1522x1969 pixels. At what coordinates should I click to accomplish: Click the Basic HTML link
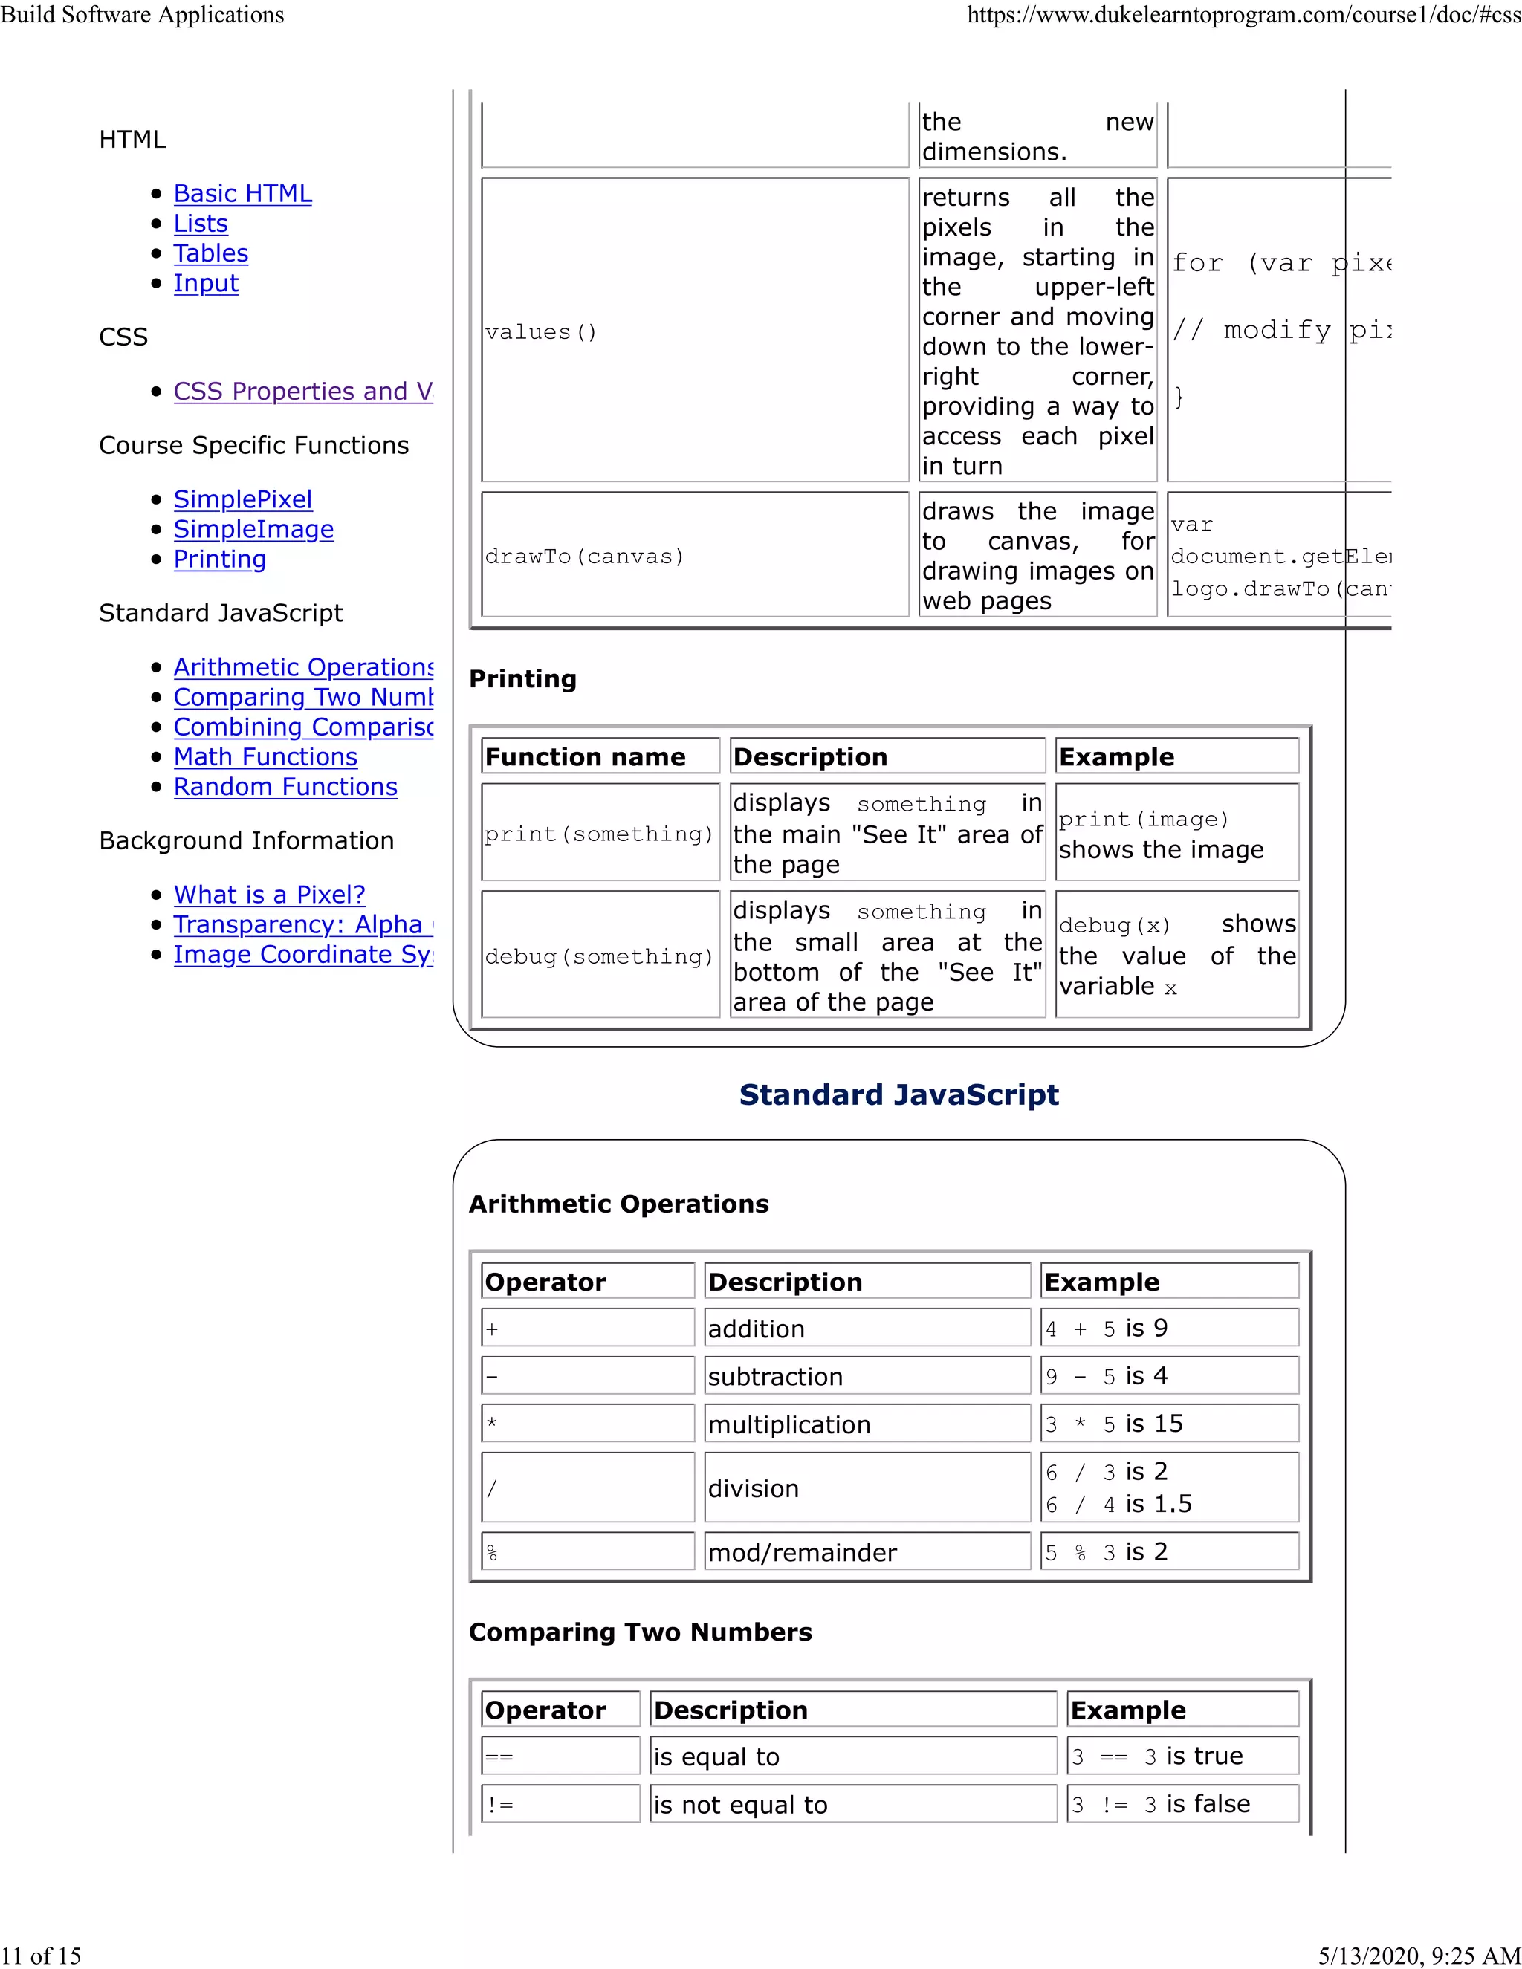(242, 194)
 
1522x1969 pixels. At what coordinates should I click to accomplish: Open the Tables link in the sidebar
(210, 253)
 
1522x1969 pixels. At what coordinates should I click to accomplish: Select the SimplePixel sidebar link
(242, 499)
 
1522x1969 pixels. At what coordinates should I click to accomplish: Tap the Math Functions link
(265, 757)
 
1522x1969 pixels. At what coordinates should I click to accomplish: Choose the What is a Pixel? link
(269, 895)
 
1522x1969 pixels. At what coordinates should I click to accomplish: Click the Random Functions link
(285, 787)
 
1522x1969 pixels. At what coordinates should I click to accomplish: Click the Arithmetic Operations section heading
(618, 1204)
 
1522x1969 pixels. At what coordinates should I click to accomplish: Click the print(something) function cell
(599, 834)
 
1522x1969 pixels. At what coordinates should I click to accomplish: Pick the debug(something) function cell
(599, 956)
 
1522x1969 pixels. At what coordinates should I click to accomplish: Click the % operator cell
(587, 1552)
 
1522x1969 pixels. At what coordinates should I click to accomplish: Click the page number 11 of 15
(42, 1956)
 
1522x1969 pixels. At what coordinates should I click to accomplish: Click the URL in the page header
(1243, 16)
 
